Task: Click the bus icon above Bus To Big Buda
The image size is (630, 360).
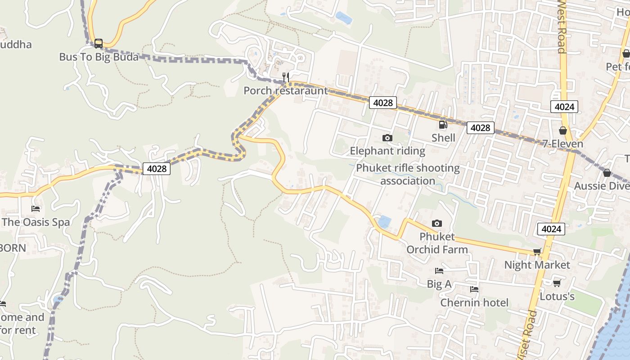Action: tap(99, 44)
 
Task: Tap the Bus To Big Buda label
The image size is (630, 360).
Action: tap(99, 57)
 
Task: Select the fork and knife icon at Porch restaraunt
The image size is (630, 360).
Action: tap(285, 77)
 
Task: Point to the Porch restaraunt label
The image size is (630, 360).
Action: tap(286, 90)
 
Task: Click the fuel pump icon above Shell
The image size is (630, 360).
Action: tap(443, 125)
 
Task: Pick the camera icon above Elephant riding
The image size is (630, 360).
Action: tap(387, 138)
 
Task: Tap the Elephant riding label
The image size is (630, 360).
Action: tap(387, 151)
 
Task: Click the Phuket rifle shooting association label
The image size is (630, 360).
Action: tap(408, 175)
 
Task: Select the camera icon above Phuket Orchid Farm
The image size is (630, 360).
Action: tap(436, 223)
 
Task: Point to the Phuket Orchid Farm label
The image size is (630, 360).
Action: tap(437, 243)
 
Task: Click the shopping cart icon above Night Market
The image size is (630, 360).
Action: tap(537, 252)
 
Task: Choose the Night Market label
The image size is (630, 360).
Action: tap(537, 265)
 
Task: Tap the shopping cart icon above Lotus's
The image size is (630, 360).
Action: tap(557, 283)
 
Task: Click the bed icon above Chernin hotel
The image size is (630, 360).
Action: tap(474, 289)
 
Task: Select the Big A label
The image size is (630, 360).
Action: tap(439, 284)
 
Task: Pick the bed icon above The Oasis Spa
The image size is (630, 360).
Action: tap(36, 209)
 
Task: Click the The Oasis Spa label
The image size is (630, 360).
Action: tap(36, 222)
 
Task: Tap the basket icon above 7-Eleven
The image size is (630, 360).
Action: tap(562, 131)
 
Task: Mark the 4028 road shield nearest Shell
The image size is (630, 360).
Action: tap(480, 128)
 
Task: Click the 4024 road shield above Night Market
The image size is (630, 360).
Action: tap(551, 229)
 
